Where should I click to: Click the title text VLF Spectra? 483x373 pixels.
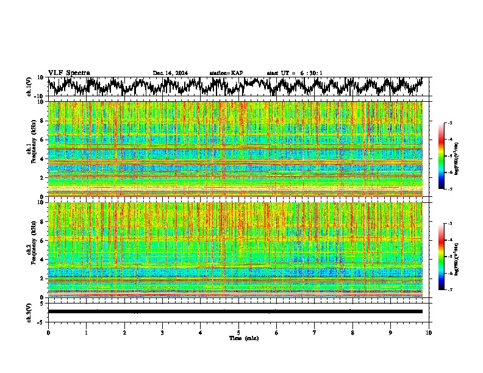tap(69, 73)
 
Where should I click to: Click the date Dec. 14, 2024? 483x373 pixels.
tap(170, 73)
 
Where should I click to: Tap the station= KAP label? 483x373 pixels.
tap(226, 73)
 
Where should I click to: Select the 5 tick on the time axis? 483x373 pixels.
tap(238, 333)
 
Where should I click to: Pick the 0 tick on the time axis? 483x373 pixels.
tap(48, 333)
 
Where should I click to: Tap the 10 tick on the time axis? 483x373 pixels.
tap(429, 333)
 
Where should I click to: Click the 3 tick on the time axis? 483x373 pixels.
tap(162, 333)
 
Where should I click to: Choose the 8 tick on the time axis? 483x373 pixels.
tap(352, 333)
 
